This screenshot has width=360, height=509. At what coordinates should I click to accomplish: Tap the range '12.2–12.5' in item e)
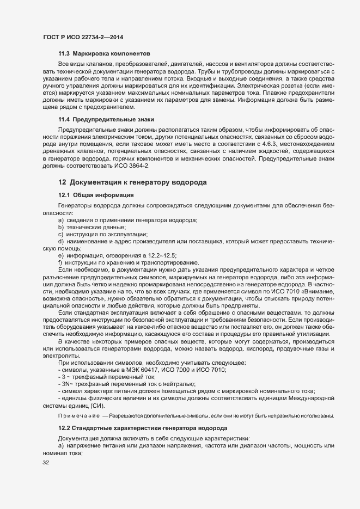(162, 255)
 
